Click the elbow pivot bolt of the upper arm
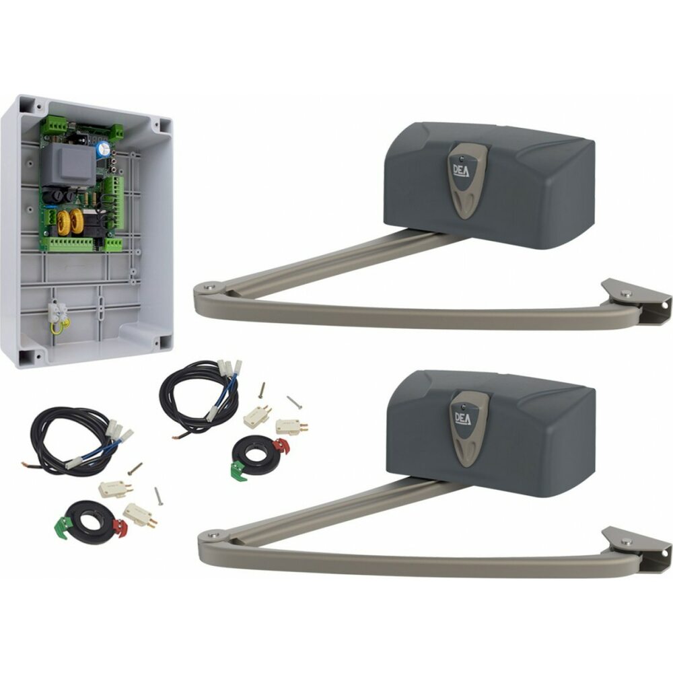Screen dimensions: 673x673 tap(210, 287)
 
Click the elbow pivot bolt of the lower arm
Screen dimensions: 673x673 tap(213, 534)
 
